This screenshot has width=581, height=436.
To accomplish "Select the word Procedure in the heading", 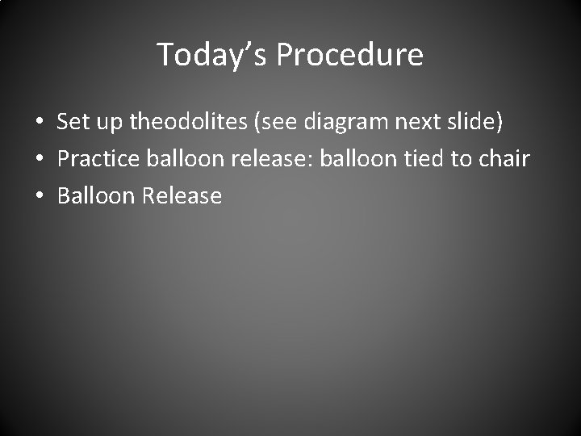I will click(349, 55).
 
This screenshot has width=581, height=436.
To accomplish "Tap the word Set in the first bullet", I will click(73, 122).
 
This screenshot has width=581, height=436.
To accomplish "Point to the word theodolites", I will click(186, 122).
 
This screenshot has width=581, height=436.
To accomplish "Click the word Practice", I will click(100, 158).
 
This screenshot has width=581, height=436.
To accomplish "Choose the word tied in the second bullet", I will click(423, 158).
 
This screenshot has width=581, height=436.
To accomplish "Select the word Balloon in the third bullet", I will click(96, 195).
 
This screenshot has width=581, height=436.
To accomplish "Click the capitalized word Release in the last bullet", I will click(182, 195).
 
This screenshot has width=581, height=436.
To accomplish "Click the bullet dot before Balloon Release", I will click(40, 196).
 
